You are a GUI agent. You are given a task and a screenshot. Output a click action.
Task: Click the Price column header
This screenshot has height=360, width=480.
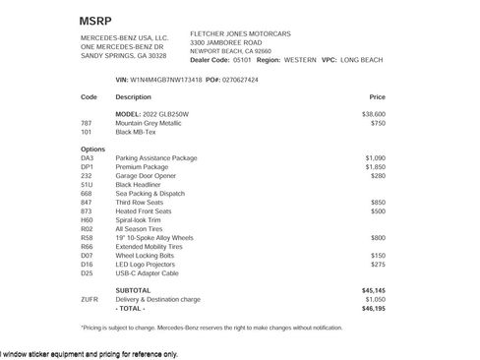pyautogui.click(x=377, y=97)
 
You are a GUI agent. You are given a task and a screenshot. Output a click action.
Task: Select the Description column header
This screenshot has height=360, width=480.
pyautogui.click(x=133, y=97)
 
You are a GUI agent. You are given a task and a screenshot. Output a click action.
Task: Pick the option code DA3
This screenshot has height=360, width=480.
pyautogui.click(x=87, y=157)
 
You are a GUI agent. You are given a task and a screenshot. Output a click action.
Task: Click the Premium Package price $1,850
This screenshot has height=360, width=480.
pyautogui.click(x=375, y=166)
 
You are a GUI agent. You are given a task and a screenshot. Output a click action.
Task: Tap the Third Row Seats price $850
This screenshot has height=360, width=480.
pyautogui.click(x=378, y=202)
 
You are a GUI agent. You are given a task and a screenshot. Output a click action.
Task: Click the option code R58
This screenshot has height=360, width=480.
pyautogui.click(x=87, y=237)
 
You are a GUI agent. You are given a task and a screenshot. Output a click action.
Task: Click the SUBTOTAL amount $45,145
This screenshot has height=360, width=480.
pyautogui.click(x=374, y=290)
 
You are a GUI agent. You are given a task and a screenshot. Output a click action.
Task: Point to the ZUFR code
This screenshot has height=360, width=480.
pyautogui.click(x=89, y=299)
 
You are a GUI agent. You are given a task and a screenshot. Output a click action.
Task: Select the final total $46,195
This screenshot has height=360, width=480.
pyautogui.click(x=374, y=308)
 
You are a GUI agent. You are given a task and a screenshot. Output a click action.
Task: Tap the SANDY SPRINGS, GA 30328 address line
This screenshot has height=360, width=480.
pyautogui.click(x=127, y=55)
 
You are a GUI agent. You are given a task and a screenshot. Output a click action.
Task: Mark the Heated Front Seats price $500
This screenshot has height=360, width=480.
pyautogui.click(x=378, y=210)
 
